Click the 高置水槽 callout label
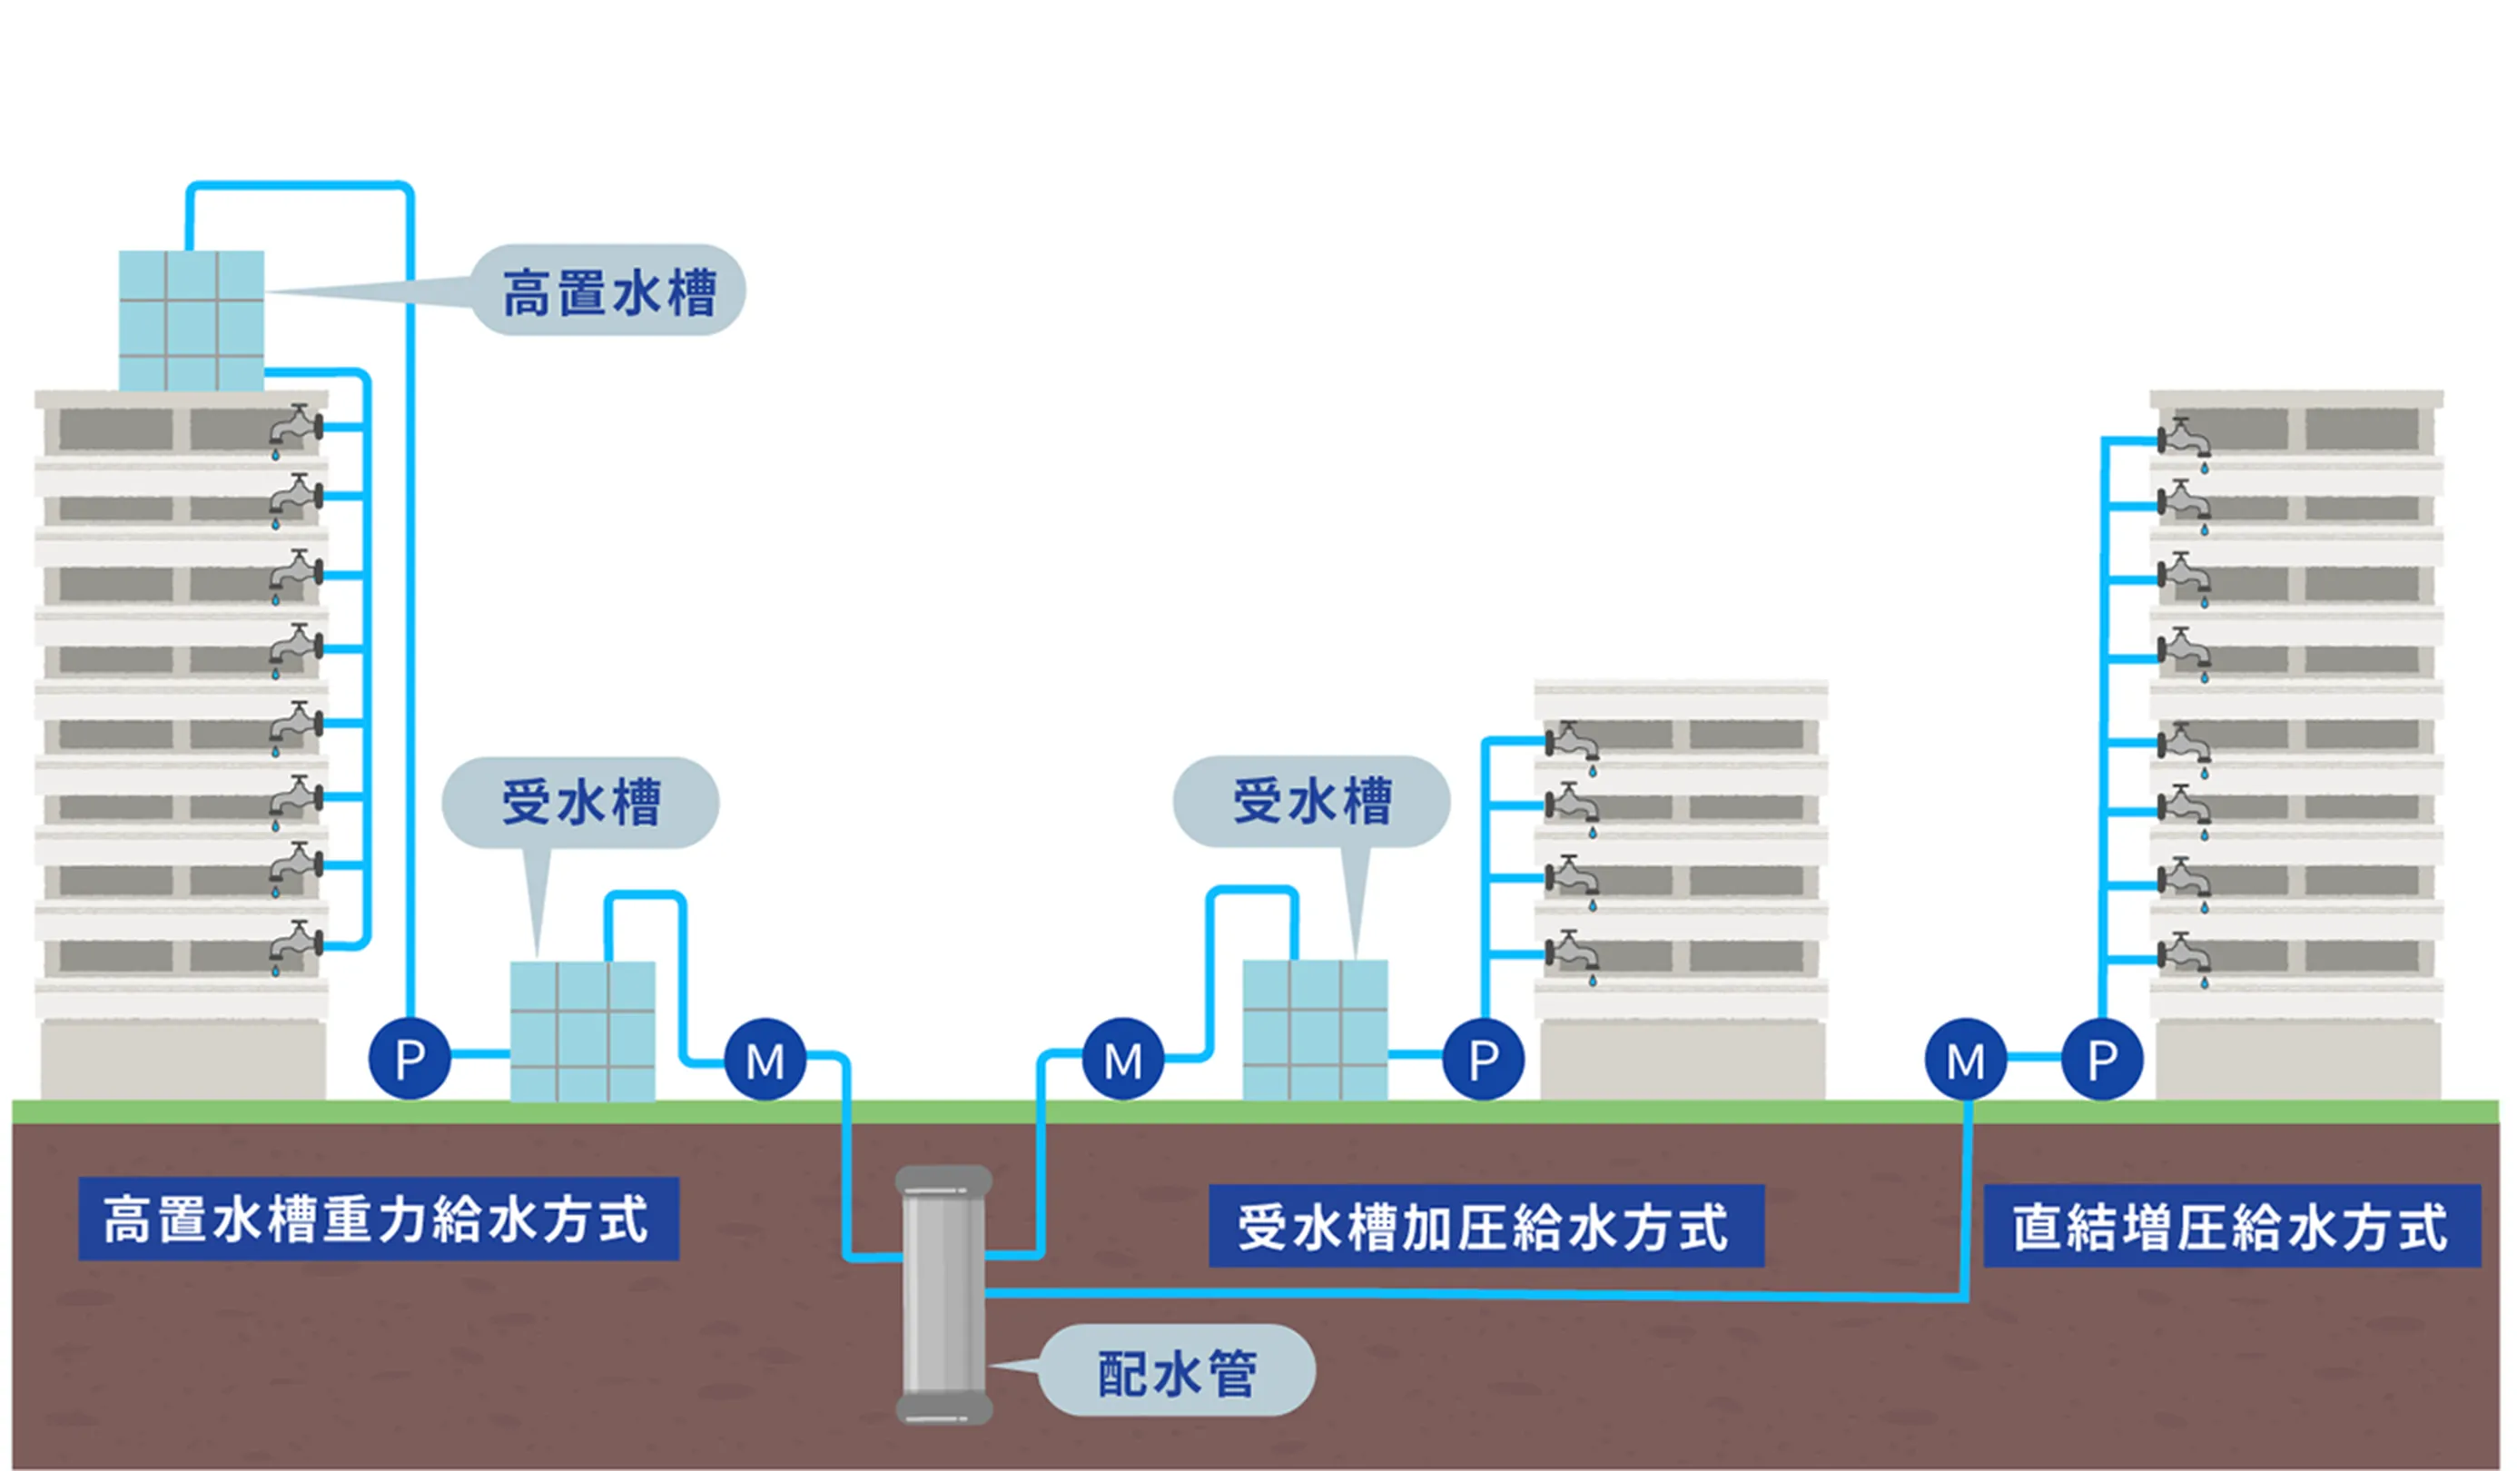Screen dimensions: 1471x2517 608,291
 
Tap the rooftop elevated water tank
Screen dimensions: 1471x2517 192,321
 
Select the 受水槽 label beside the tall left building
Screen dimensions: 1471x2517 580,802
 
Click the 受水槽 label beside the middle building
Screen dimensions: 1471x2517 1310,801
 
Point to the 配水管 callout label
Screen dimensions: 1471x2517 1177,1373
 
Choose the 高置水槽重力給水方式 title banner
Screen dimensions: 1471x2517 378,1219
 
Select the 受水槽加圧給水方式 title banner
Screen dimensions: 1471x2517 1486,1227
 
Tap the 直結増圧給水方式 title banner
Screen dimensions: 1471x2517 2230,1227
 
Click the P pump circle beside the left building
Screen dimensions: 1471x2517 410,1059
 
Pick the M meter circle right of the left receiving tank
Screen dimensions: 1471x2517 765,1060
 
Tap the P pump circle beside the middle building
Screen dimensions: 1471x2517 1484,1059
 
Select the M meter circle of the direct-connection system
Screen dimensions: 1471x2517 1966,1060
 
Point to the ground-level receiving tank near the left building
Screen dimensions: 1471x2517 582,1031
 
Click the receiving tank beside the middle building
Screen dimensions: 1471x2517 1315,1030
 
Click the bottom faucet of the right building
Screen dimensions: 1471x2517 2185,957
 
